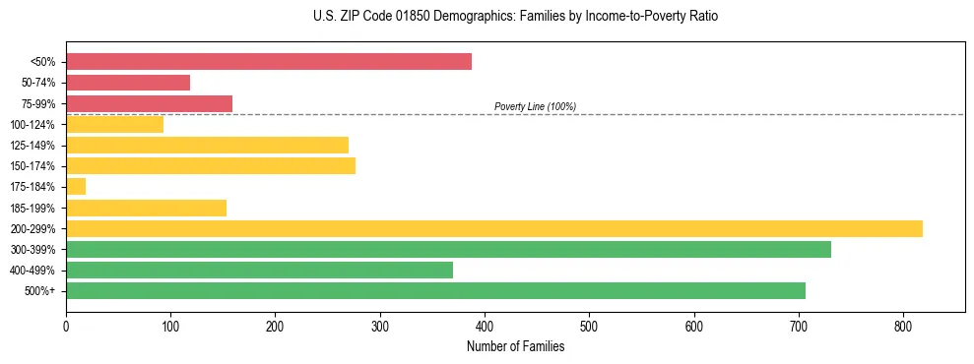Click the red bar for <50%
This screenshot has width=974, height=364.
268,62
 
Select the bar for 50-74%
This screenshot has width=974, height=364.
128,83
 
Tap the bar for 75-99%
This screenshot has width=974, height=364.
149,103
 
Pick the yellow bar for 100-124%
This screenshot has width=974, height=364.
114,125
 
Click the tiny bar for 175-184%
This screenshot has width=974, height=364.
76,187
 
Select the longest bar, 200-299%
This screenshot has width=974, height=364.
493,229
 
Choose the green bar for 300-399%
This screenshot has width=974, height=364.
448,250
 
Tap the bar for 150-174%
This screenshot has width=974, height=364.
210,166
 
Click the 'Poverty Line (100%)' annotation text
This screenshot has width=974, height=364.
535,106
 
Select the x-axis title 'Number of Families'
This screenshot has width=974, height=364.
515,346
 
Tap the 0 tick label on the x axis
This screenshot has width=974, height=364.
66,326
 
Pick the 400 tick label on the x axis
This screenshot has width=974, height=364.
485,326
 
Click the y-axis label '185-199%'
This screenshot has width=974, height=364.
37,209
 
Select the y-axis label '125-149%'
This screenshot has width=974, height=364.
37,146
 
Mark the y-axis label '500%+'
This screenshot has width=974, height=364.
42,291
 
